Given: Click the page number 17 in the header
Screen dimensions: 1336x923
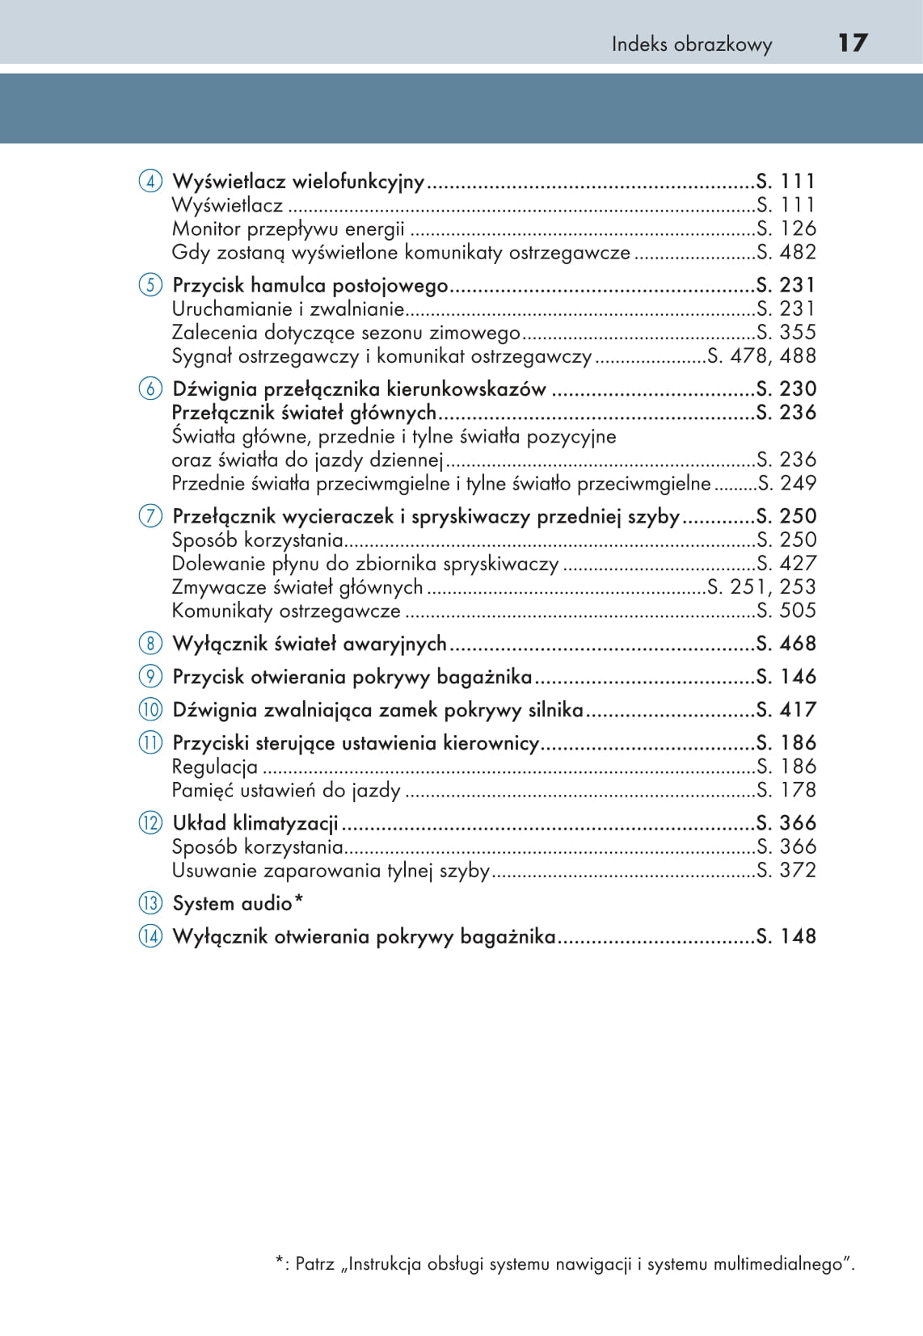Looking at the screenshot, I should [852, 43].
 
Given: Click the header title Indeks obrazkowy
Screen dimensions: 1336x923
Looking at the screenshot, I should [691, 44].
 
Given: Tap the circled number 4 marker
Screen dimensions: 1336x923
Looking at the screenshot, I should [150, 181].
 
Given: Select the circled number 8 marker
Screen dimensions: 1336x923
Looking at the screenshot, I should [150, 644].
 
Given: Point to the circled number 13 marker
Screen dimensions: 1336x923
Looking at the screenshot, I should [150, 903].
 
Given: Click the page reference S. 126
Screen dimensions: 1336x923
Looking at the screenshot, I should [786, 229].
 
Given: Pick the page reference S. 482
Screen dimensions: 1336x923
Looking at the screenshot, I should [786, 252].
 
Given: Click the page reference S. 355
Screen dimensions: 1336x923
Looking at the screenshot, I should [786, 332].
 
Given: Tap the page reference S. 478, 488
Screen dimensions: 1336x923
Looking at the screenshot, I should [761, 355].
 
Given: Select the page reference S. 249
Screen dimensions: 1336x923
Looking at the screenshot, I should [786, 483].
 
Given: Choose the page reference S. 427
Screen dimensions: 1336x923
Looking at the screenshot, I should [786, 563].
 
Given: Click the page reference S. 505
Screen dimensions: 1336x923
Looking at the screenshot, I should [786, 611].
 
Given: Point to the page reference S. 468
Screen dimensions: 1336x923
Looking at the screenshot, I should [786, 644].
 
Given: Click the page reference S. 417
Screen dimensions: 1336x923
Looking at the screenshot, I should [786, 710].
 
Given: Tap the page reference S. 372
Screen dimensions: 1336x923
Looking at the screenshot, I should [786, 870].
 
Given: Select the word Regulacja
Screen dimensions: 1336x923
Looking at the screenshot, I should [215, 767].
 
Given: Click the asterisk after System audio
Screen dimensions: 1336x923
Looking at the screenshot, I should [298, 900].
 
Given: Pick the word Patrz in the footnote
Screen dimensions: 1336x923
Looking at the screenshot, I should [314, 1264].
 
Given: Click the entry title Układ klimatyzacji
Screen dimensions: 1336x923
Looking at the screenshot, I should [255, 823].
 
